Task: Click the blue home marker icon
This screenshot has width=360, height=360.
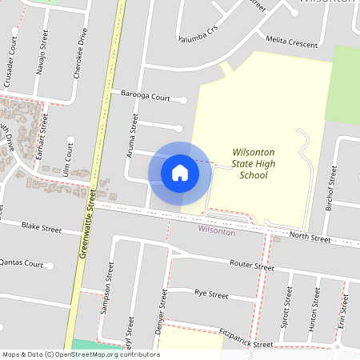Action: (180, 172)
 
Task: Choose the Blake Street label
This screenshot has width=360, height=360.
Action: (41, 228)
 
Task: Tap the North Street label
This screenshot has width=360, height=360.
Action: (310, 238)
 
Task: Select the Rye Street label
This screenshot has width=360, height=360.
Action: (211, 295)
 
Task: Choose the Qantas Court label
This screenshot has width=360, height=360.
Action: (21, 262)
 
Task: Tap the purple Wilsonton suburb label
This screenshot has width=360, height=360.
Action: (217, 231)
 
